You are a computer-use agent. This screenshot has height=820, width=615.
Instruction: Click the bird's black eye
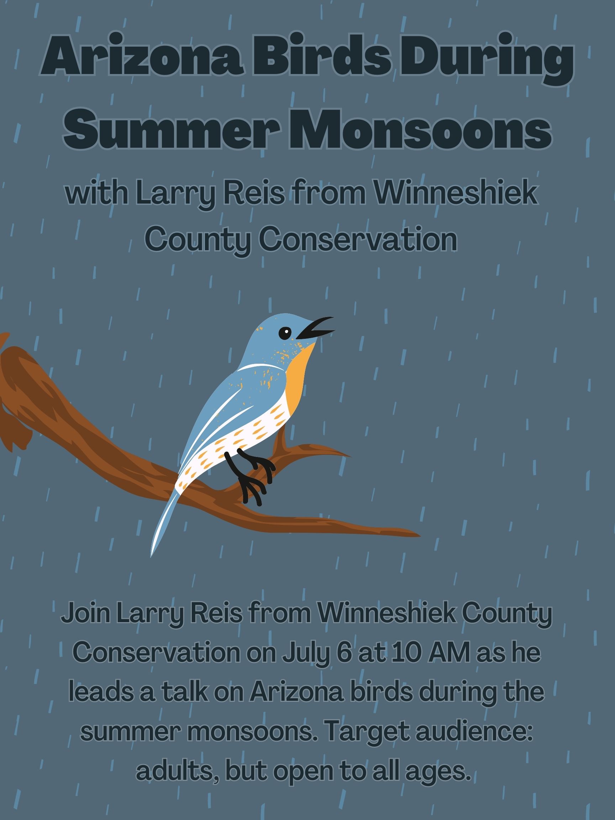285,333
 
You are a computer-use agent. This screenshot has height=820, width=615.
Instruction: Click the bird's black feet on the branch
250,476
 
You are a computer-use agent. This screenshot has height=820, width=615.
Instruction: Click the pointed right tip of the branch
420,535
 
